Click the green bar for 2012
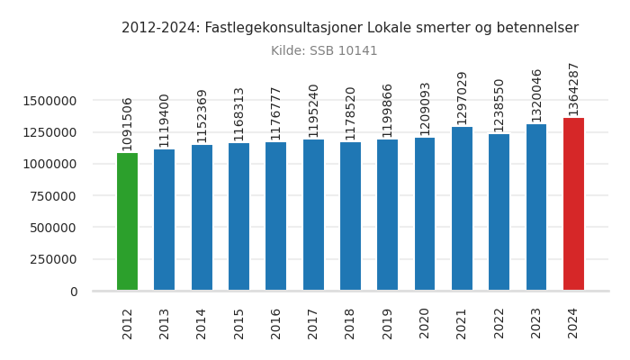127,221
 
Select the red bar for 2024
573,204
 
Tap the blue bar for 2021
462,209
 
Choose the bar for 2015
238,217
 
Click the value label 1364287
573,88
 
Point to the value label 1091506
127,123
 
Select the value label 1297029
462,97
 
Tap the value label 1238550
499,104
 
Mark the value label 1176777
275,112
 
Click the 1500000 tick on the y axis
49,101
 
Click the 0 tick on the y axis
73,292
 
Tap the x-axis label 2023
536,323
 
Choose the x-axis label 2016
275,323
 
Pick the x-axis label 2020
425,323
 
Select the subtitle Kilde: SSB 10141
324,51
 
